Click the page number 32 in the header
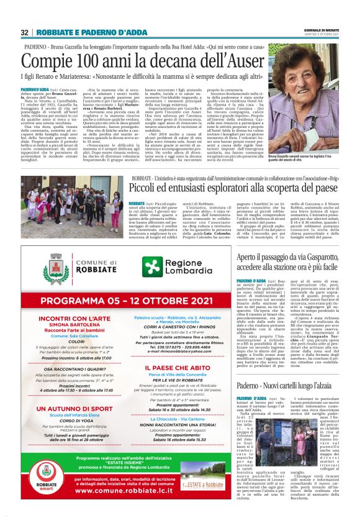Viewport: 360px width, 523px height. click(x=24, y=32)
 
